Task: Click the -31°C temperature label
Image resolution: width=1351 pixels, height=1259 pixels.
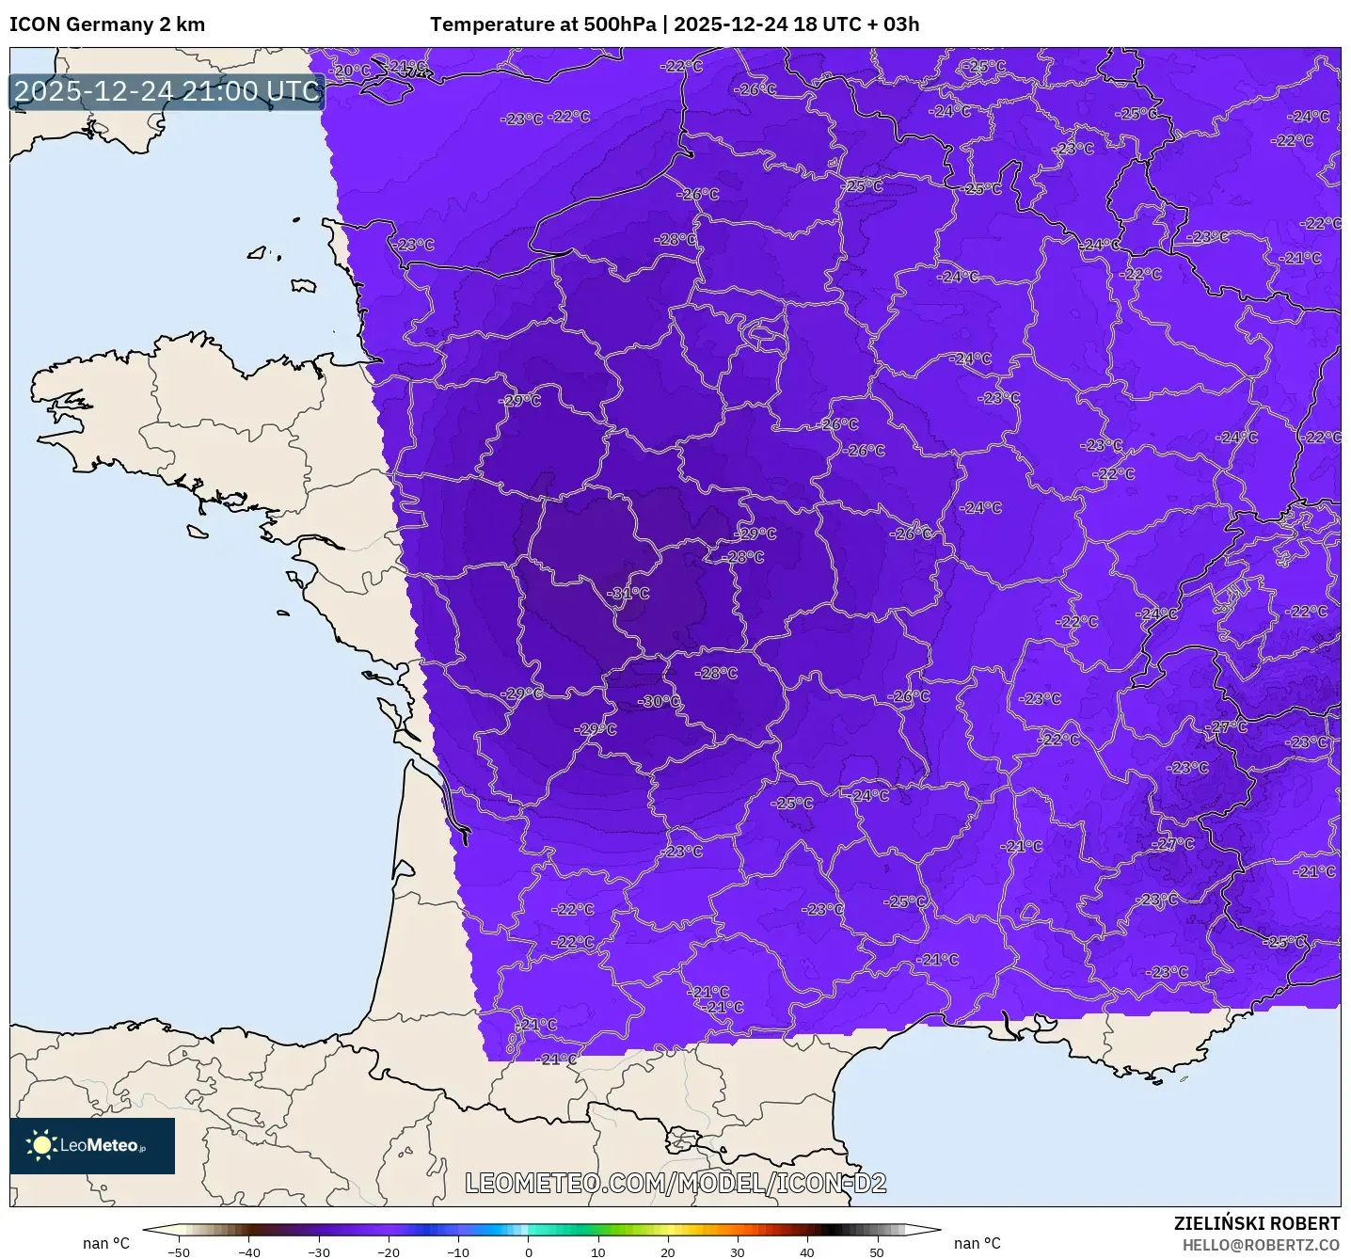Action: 628,594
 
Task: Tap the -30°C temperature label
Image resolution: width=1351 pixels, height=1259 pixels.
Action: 659,701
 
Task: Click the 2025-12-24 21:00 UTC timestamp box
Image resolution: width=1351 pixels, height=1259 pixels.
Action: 167,91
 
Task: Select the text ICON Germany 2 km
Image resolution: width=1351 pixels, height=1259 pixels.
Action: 107,24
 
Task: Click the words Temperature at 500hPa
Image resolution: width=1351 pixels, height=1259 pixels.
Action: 543,24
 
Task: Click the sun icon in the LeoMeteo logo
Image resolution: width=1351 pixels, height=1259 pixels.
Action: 41,1145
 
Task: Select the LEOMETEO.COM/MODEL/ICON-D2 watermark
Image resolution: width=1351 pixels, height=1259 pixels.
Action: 675,1183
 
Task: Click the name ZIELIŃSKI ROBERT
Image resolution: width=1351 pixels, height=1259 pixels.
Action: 1257,1223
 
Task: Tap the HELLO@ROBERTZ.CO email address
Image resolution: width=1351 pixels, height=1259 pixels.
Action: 1261,1245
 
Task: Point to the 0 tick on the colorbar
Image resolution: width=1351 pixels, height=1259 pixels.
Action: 528,1251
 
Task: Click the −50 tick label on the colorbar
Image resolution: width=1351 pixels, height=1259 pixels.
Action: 178,1251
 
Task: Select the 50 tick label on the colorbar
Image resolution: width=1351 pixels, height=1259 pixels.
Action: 876,1251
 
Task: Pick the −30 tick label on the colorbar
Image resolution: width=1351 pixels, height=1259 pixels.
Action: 318,1251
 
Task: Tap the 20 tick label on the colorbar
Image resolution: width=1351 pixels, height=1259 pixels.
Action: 667,1251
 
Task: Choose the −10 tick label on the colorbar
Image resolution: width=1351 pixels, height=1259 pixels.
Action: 457,1251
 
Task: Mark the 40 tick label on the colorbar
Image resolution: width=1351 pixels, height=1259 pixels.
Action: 806,1251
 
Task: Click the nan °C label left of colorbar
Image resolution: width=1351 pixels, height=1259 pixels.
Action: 106,1243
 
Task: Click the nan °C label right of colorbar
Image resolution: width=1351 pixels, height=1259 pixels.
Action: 977,1243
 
